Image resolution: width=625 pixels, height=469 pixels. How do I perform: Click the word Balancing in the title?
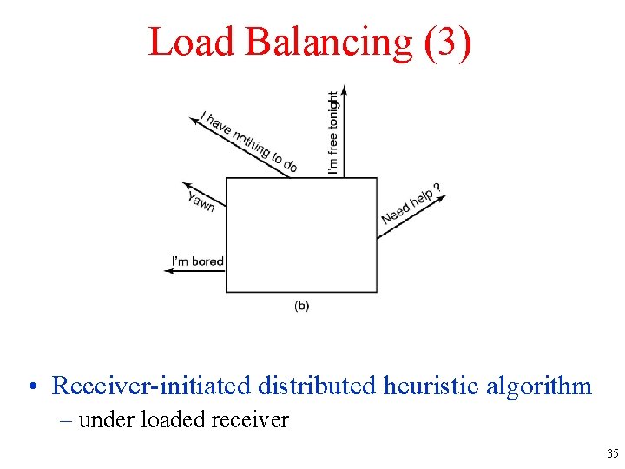click(331, 42)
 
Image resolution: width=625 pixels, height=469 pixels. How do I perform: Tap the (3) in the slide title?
click(449, 42)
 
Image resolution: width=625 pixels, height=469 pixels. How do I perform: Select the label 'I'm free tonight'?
click(333, 133)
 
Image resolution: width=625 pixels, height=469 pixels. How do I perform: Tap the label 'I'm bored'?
click(197, 261)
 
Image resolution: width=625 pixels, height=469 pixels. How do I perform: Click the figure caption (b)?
click(301, 306)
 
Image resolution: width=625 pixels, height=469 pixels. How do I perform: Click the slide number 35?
click(612, 453)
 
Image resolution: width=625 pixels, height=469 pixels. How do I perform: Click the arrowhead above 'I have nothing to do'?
click(194, 122)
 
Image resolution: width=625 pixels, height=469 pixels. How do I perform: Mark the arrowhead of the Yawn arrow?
click(186, 184)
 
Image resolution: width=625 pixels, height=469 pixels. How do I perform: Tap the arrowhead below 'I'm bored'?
click(168, 271)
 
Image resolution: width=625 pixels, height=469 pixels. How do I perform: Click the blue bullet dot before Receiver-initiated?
click(31, 386)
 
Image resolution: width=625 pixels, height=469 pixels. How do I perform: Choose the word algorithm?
click(539, 386)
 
